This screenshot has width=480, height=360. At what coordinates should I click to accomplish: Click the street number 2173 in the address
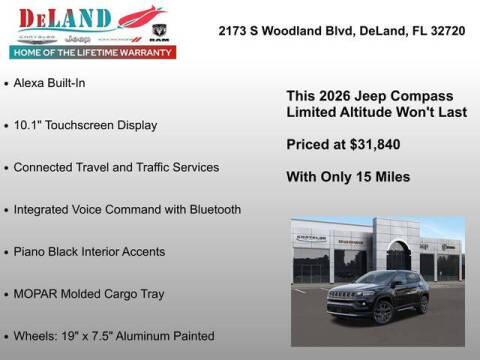(x=234, y=31)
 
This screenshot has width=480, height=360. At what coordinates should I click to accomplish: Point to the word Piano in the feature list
(x=31, y=252)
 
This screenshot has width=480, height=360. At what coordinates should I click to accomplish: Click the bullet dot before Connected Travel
(x=7, y=168)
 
